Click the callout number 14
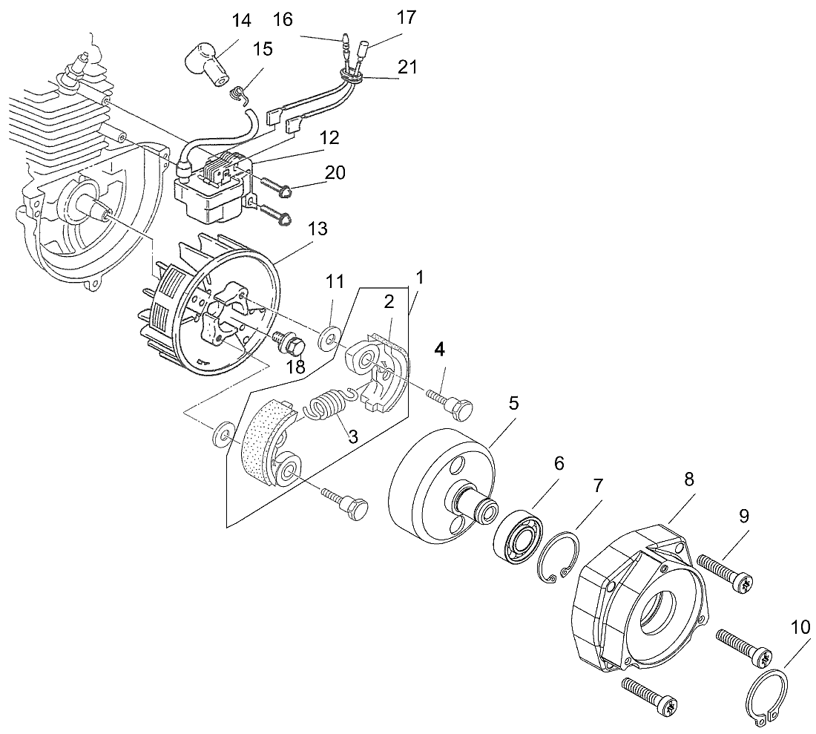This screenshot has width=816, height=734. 242,20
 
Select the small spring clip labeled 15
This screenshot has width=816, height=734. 237,94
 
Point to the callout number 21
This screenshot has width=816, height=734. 407,67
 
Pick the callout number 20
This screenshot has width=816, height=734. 335,172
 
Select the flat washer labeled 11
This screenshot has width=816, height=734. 326,341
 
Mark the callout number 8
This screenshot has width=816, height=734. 689,479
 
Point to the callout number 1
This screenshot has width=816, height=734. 420,278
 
